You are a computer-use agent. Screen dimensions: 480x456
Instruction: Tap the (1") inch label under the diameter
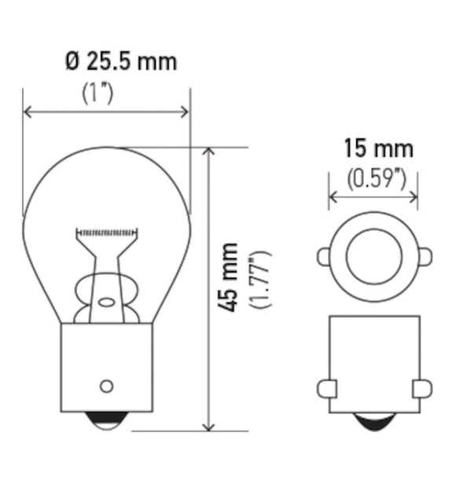[x=98, y=92]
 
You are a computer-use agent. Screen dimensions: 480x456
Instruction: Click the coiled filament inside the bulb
[x=107, y=233]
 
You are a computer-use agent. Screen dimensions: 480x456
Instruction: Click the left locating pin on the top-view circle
[x=323, y=256]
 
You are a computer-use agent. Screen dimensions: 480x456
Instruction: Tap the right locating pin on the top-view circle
[x=425, y=256]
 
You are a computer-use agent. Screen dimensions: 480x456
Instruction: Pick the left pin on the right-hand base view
[x=327, y=387]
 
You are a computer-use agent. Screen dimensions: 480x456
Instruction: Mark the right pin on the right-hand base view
[x=422, y=387]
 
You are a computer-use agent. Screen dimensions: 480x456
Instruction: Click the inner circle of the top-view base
[x=374, y=256]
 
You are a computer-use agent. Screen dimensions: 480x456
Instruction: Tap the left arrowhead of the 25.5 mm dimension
[x=28, y=112]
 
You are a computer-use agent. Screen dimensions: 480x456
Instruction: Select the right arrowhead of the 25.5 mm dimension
[x=186, y=112]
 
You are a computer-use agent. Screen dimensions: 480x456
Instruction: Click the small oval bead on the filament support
[x=105, y=302]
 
